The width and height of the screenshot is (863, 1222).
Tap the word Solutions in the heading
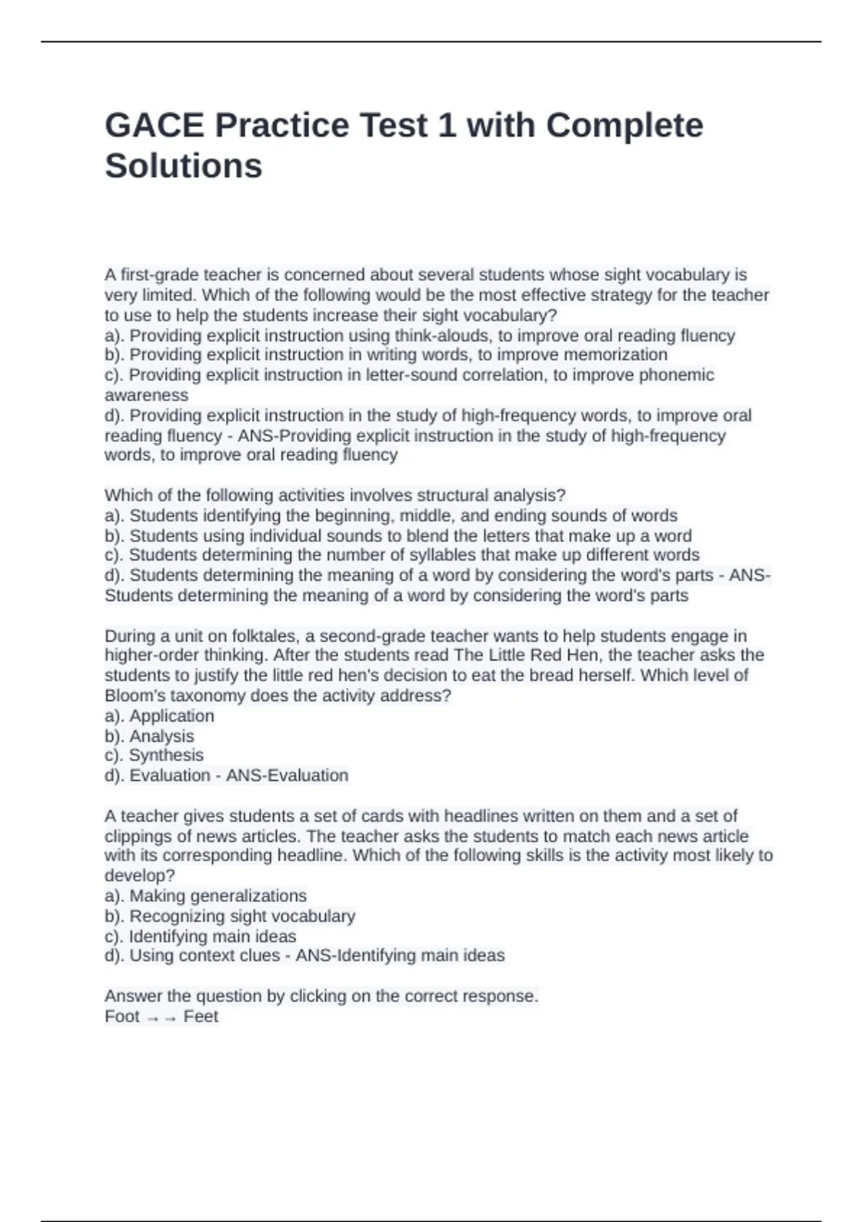coord(183,166)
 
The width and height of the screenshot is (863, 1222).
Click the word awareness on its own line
coord(146,395)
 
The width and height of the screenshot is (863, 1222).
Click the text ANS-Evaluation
coord(287,776)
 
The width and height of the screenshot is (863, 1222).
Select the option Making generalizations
coord(217,896)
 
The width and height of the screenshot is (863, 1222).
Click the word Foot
coord(122,1016)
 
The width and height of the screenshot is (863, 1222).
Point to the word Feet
coord(201,1016)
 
